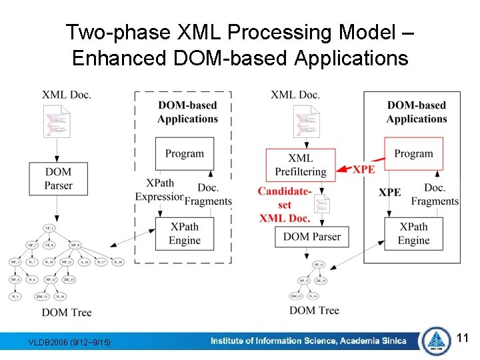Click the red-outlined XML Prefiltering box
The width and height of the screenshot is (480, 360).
(x=300, y=164)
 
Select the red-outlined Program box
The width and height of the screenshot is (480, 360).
(x=413, y=153)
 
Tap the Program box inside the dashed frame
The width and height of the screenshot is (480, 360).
(x=185, y=153)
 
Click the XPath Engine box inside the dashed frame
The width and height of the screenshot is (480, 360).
(x=185, y=233)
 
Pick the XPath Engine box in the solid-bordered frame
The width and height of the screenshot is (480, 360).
(x=413, y=233)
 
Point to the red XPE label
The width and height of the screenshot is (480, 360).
(x=363, y=169)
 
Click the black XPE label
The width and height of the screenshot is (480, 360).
(x=390, y=192)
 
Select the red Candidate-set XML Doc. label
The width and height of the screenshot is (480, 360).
(x=285, y=205)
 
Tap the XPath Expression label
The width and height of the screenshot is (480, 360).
(x=159, y=190)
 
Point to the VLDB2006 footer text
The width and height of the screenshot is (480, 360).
(x=70, y=343)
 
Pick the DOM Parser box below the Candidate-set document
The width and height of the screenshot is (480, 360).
(x=311, y=236)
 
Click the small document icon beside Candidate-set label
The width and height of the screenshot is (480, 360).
(x=323, y=204)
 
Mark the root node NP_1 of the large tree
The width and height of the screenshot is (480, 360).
(x=49, y=228)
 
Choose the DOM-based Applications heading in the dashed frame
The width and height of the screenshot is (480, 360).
(x=187, y=112)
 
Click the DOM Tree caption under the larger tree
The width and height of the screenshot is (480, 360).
(x=67, y=312)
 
